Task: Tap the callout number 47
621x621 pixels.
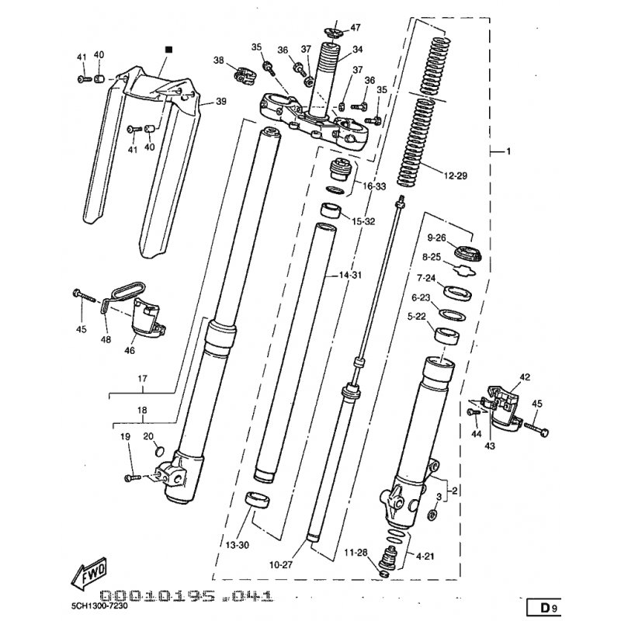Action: (356, 27)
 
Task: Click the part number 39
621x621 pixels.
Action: (221, 102)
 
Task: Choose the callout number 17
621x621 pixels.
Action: (143, 380)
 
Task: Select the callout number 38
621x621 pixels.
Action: (219, 61)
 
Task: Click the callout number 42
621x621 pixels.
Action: (525, 377)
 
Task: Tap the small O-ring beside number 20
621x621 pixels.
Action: (158, 452)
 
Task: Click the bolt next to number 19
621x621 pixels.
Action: (131, 477)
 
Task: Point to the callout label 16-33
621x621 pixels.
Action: (375, 187)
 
